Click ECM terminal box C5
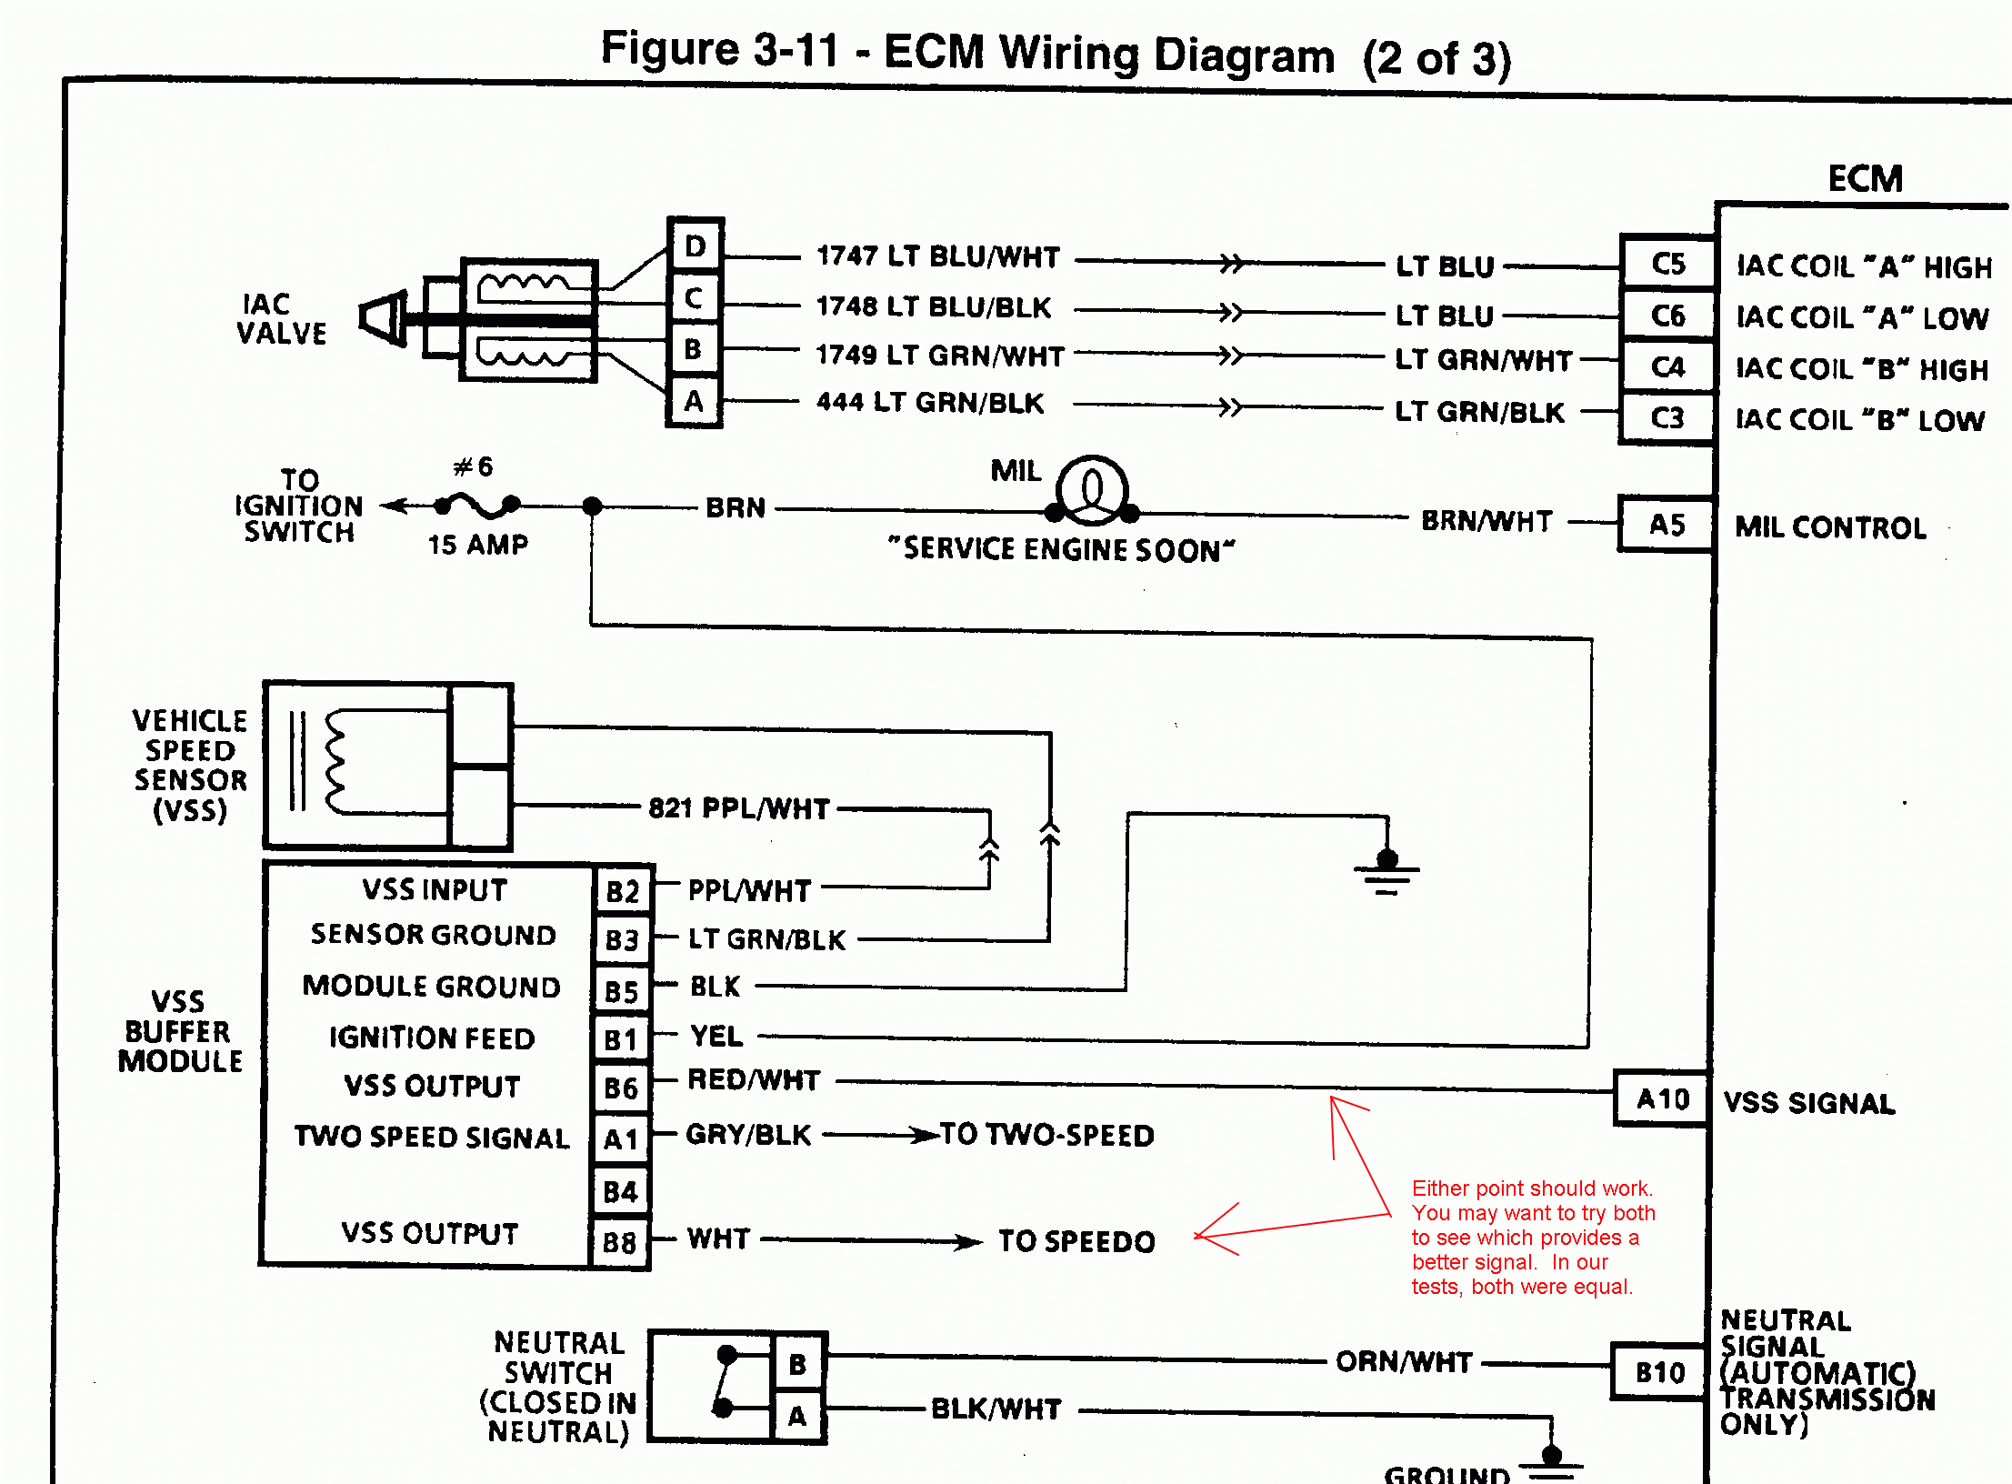pos(1667,265)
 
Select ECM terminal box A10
pos(1661,1099)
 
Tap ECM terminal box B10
pos(1659,1372)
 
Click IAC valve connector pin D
pos(696,246)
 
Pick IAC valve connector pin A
pos(694,401)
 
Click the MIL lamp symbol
pos(1092,490)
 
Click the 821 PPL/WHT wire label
pos(738,808)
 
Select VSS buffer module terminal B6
pos(621,1088)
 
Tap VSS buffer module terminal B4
pos(621,1191)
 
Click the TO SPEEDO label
pos(1076,1241)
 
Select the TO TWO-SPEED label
pos(1046,1136)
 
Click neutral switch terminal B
pos(797,1364)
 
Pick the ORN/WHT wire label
pos(1403,1362)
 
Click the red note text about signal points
pos(1532,1237)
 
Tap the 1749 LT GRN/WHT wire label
pos(939,356)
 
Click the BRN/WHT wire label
pos(1486,521)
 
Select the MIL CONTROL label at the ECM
pos(1830,527)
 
